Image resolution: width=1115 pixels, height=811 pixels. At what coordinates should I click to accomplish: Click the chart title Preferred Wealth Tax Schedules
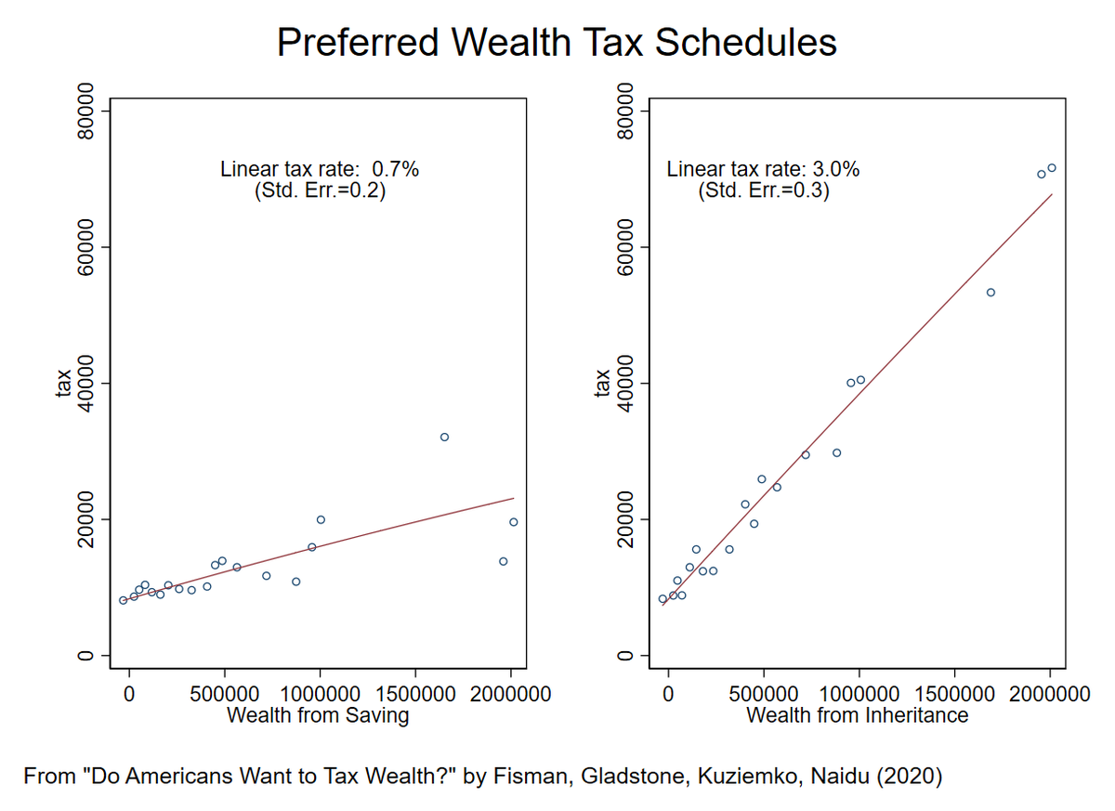point(557,43)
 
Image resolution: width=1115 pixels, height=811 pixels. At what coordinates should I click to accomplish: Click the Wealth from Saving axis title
point(318,715)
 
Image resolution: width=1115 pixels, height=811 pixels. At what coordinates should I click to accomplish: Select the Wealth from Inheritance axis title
point(857,715)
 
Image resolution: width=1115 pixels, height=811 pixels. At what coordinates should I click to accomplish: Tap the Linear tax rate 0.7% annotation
point(320,170)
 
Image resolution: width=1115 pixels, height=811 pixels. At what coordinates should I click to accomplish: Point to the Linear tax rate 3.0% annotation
point(763,170)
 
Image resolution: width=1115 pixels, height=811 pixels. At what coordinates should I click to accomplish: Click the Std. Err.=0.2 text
point(320,191)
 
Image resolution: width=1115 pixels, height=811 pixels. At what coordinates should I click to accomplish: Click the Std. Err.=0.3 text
point(763,191)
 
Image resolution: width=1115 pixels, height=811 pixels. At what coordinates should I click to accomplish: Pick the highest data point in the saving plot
point(444,437)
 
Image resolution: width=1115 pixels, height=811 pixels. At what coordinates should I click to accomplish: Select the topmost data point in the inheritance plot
point(1052,168)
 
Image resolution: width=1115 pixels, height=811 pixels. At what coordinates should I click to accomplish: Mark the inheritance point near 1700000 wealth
point(990,293)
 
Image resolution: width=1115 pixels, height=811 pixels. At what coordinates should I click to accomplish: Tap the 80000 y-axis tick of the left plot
point(87,111)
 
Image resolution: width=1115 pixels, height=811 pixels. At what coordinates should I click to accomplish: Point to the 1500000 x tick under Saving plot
point(415,694)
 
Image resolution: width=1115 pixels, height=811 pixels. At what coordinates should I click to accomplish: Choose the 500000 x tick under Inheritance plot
point(764,694)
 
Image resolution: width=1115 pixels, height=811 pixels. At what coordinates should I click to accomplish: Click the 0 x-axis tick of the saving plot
point(129,694)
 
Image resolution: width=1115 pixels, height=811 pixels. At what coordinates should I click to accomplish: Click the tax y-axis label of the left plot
point(64,383)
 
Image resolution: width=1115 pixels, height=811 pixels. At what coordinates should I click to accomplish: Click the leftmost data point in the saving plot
point(123,600)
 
